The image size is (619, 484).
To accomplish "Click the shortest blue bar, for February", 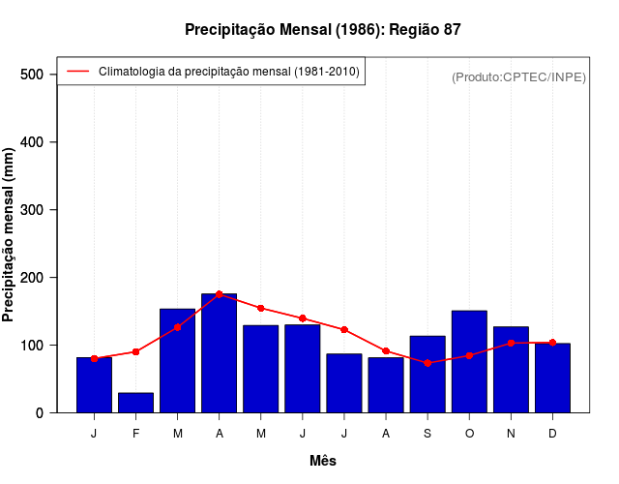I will point(135,403).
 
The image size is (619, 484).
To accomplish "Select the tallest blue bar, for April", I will point(219,353).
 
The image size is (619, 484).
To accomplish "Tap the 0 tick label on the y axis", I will point(40,413).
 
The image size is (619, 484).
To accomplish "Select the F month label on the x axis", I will point(135,434).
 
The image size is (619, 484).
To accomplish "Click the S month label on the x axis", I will point(427,434).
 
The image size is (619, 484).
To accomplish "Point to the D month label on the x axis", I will point(552,434).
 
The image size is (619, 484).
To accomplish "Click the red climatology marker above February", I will point(135,351).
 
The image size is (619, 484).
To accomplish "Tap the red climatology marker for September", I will point(427,363).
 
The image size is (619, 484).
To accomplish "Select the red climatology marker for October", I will point(469,355).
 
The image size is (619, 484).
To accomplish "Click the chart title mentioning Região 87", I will point(323,30).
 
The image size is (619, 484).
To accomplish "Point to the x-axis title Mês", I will point(323,461).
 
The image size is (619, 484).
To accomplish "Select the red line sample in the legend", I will point(77,72).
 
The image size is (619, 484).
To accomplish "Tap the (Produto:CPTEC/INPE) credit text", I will point(518,76).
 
